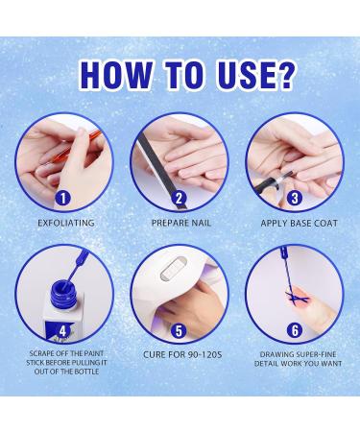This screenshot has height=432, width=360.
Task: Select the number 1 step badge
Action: click(63, 199)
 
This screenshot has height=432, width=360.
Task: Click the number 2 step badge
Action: click(180, 199)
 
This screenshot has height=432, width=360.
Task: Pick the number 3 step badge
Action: click(295, 199)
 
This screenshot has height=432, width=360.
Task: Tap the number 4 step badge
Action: click(63, 331)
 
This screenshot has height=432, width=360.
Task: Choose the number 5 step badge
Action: click(180, 331)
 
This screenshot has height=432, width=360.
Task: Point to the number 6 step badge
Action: click(295, 331)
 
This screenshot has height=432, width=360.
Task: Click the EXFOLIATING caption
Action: click(66, 223)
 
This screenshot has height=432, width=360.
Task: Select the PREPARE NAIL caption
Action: click(181, 223)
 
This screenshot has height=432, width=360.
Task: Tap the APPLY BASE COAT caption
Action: click(300, 223)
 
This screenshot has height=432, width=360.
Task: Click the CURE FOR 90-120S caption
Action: click(182, 354)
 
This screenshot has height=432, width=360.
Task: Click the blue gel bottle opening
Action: click(63, 289)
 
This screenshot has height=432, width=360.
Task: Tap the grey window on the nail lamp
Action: click(173, 270)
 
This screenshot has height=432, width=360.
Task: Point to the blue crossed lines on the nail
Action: click(297, 298)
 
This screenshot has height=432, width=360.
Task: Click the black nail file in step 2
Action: click(161, 171)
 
